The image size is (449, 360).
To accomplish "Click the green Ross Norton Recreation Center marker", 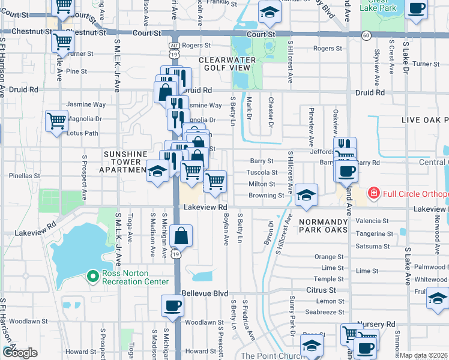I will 92,276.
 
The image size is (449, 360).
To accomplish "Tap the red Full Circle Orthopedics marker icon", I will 373,193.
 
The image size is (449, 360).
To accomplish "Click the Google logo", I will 19,352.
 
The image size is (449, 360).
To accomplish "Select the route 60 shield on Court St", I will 366,35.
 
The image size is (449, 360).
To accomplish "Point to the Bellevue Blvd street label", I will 205,293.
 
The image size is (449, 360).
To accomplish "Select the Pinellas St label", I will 24,176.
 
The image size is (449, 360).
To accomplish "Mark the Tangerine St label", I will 374,233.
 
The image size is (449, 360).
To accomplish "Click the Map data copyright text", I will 423,355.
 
